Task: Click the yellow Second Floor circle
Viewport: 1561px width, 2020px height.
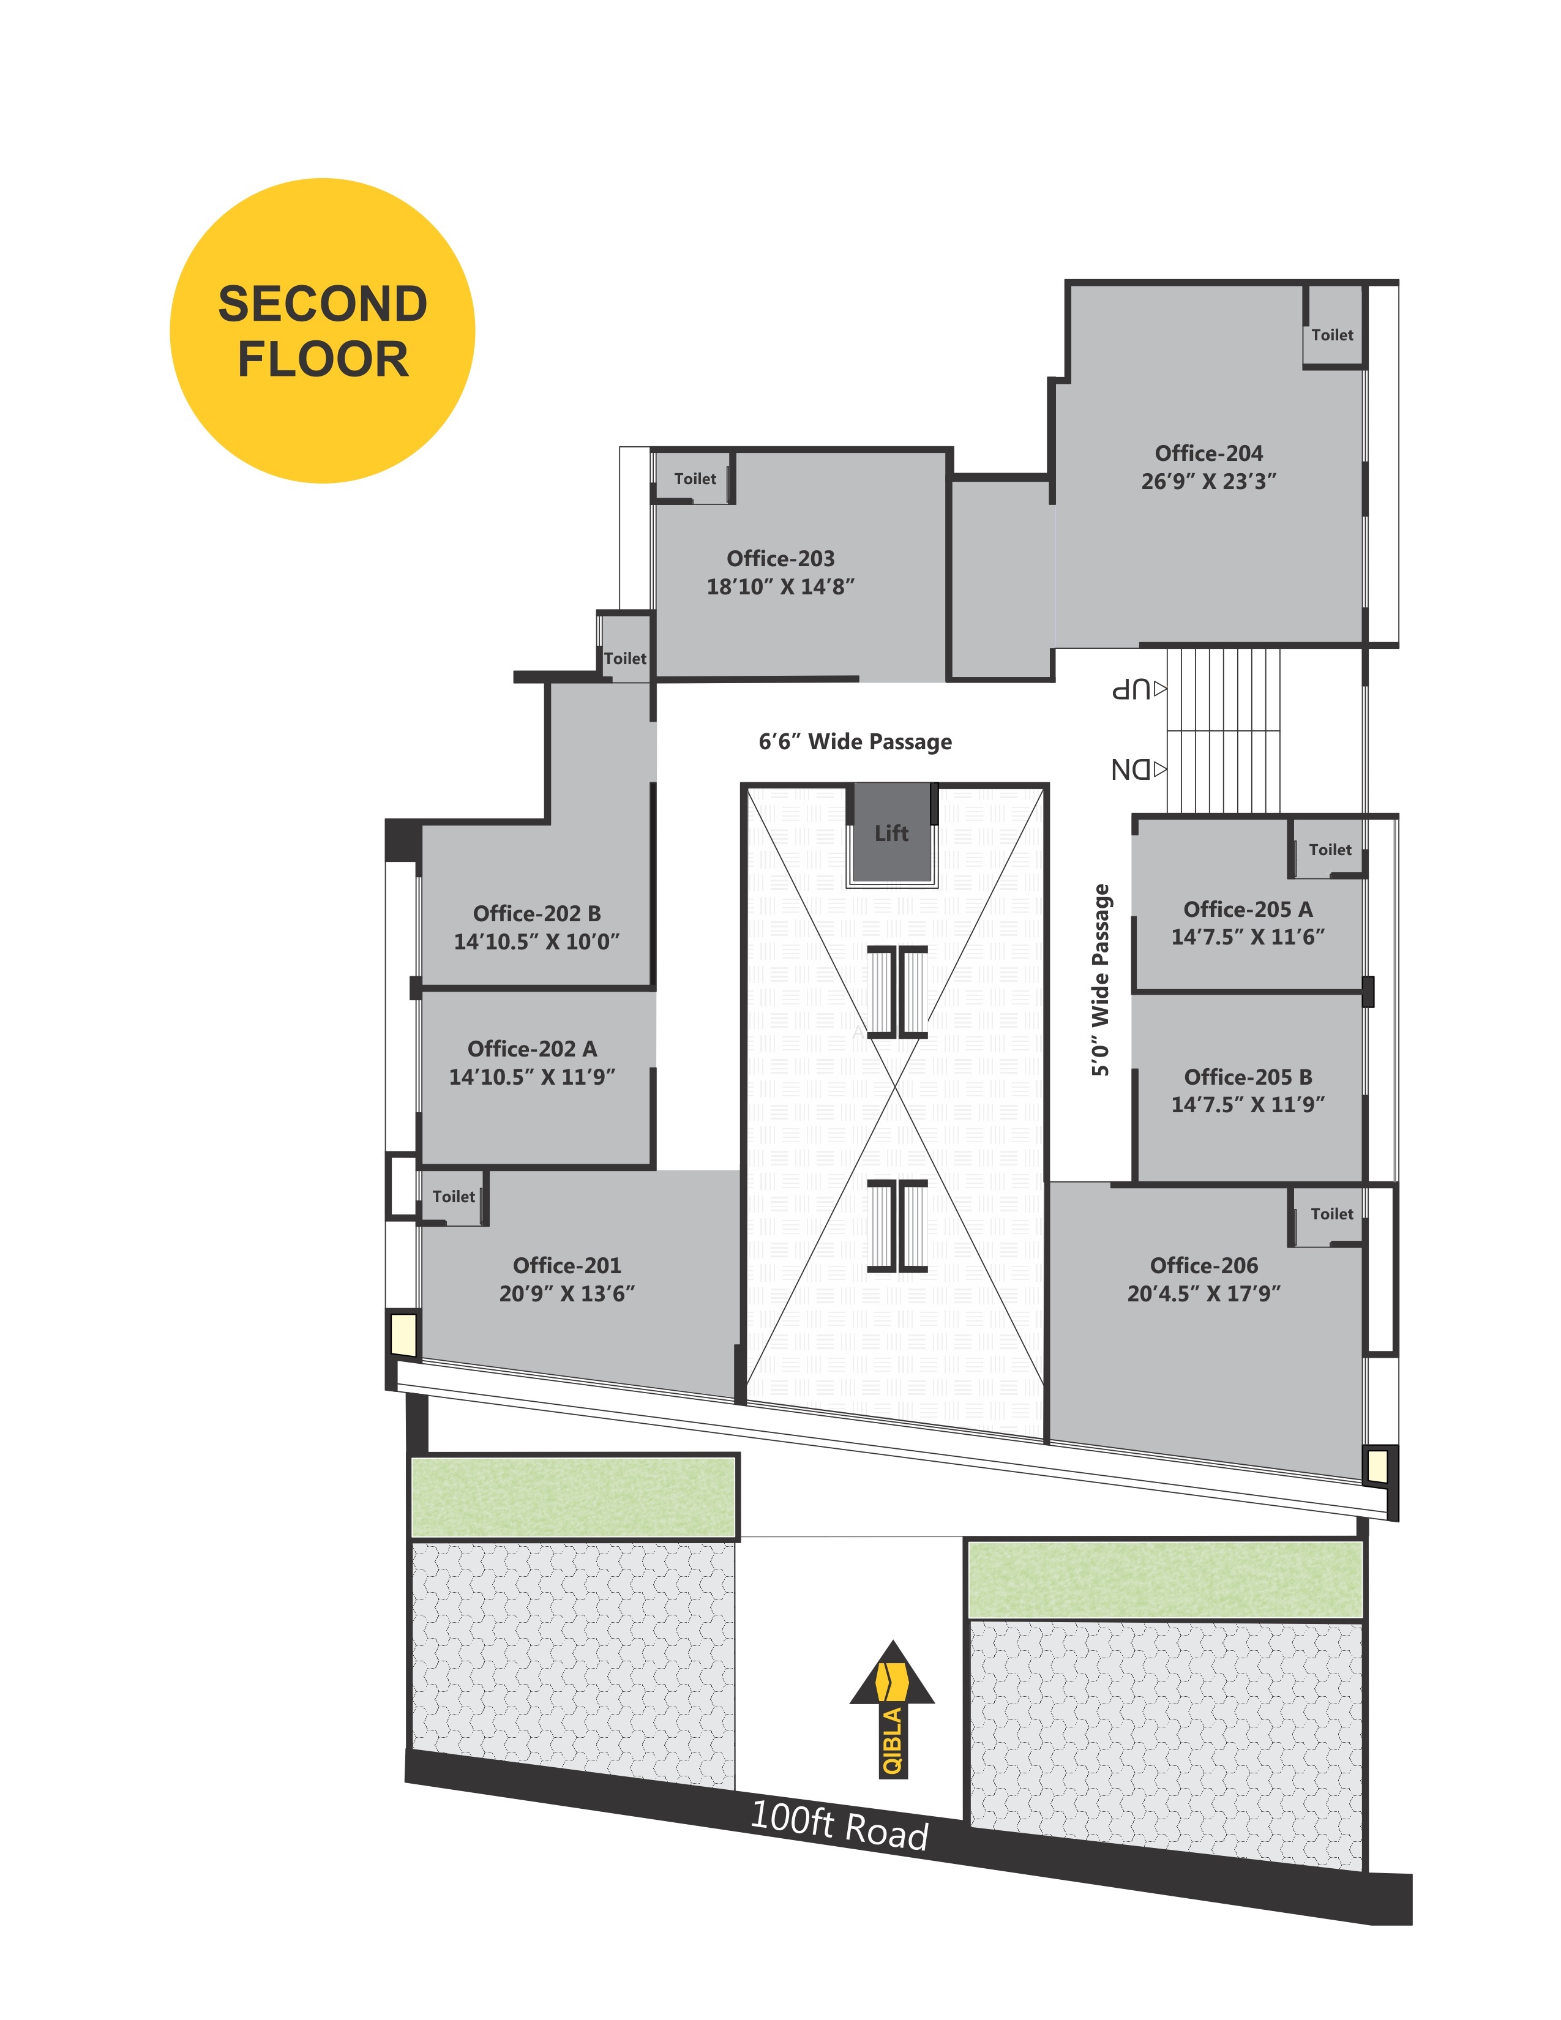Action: [x=322, y=330]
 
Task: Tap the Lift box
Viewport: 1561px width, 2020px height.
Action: [x=891, y=832]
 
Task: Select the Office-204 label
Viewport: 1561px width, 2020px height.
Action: [x=1208, y=453]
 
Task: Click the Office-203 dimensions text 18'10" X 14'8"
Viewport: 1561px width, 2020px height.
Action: [x=780, y=586]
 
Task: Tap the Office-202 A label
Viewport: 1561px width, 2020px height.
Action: [x=532, y=1049]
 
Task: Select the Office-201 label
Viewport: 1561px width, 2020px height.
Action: [x=567, y=1265]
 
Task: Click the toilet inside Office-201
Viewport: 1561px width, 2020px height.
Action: [x=453, y=1197]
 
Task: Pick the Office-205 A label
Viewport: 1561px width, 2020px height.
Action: [x=1248, y=909]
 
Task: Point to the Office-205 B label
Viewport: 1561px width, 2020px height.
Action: [x=1248, y=1077]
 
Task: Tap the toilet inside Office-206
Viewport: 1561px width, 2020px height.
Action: [x=1330, y=1214]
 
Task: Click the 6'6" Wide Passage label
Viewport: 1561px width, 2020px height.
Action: [x=855, y=742]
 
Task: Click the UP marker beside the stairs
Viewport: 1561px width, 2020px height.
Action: [x=1139, y=689]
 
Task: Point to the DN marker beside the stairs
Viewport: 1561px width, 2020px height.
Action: [x=1139, y=769]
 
